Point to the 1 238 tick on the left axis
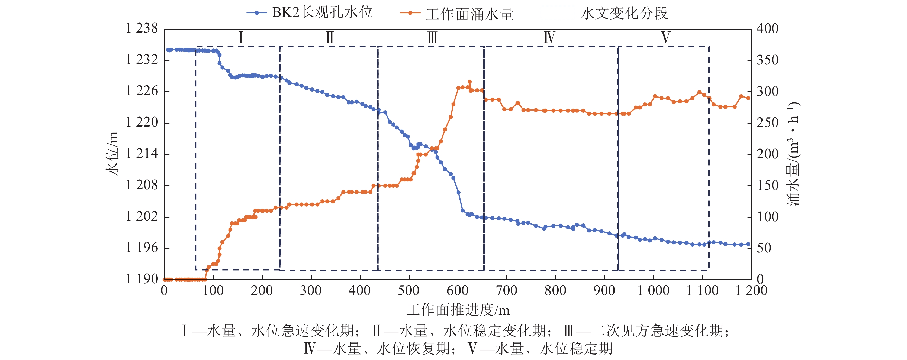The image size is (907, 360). [x=142, y=28]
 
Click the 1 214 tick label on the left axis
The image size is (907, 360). [x=142, y=154]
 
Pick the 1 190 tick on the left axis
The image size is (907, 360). [x=142, y=279]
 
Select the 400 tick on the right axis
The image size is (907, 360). [x=768, y=28]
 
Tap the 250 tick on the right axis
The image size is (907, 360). [x=768, y=122]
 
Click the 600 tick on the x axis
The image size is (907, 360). [x=457, y=291]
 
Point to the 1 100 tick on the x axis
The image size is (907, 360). [x=702, y=291]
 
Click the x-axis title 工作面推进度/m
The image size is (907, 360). [x=458, y=310]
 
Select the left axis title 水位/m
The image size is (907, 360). [x=112, y=154]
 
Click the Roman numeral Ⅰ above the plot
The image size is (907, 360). [x=240, y=37]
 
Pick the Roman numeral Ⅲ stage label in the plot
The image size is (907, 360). [x=432, y=37]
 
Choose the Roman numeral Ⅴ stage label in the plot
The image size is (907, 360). [x=665, y=37]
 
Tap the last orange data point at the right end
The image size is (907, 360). [x=748, y=98]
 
